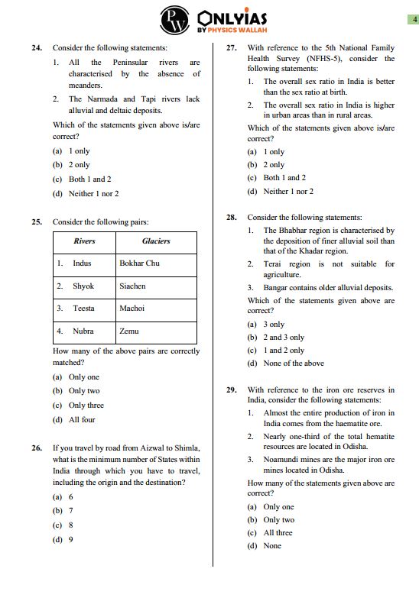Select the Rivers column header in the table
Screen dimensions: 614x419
(x=84, y=241)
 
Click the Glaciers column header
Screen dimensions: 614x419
(x=156, y=241)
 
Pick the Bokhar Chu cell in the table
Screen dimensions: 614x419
(x=139, y=263)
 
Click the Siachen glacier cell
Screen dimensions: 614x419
(x=132, y=286)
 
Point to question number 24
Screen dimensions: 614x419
(x=37, y=47)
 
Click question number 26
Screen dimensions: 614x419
(x=37, y=448)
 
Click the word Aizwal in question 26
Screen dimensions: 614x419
(x=143, y=448)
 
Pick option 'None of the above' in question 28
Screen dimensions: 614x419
(x=293, y=364)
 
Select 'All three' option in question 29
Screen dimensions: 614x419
(x=278, y=532)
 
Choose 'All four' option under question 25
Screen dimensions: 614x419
(x=82, y=419)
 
